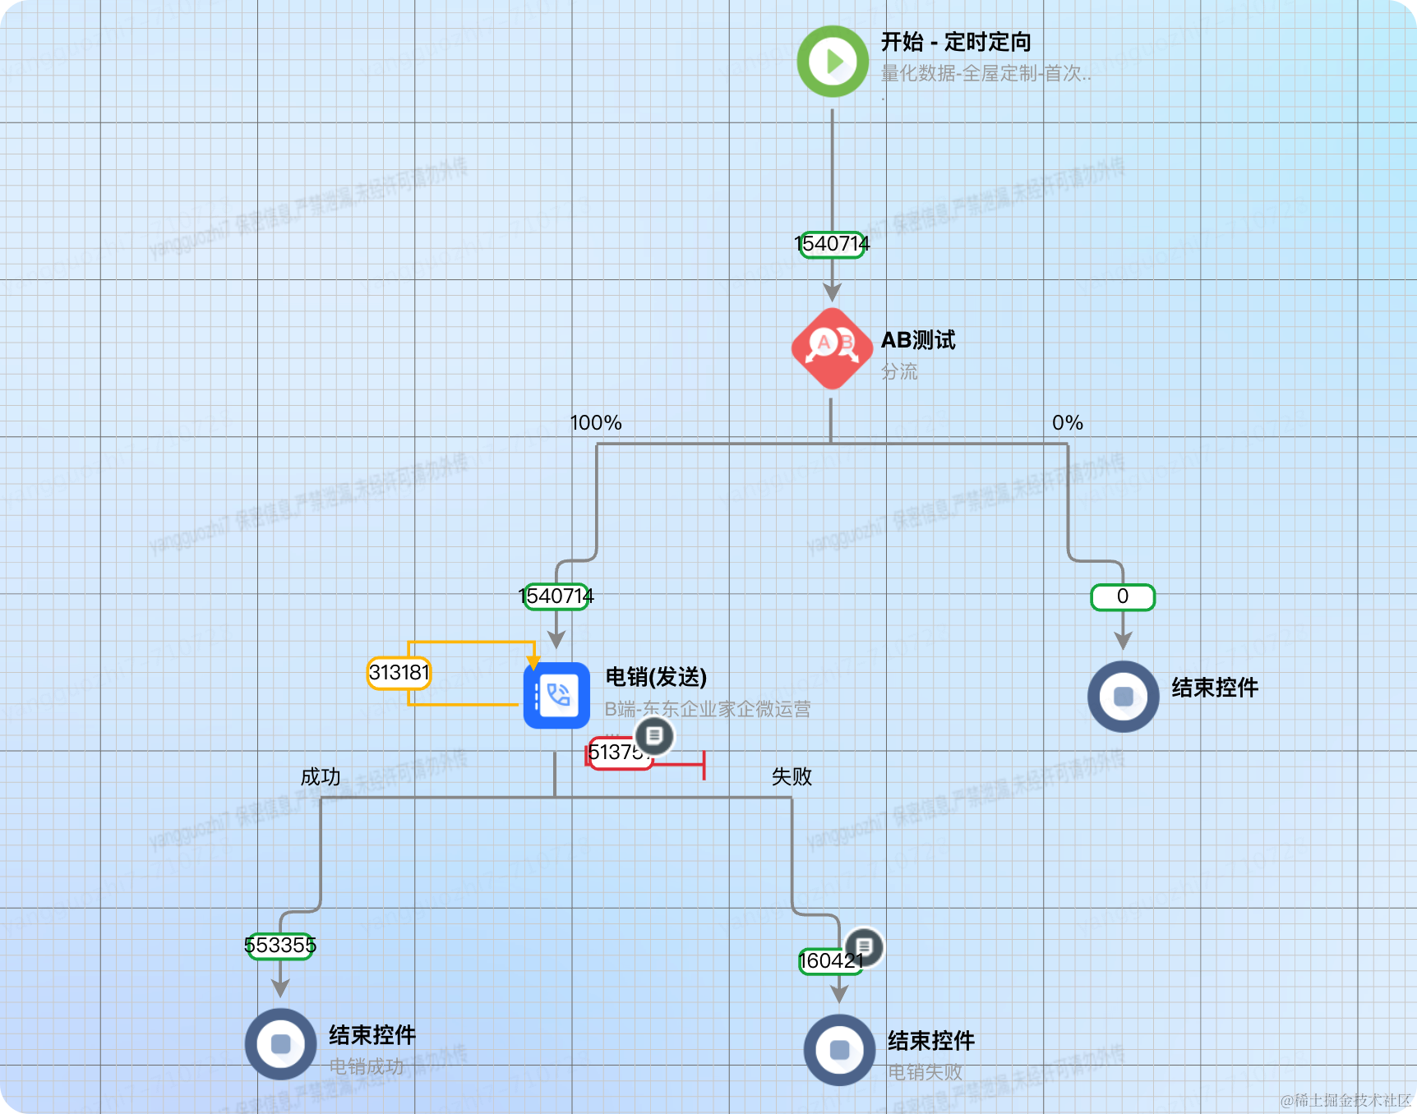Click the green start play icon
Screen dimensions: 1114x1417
[x=833, y=62]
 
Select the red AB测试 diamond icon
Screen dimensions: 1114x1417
[x=832, y=348]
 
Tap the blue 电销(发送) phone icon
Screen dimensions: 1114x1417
[x=556, y=696]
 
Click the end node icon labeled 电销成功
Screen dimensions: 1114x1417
[x=280, y=1043]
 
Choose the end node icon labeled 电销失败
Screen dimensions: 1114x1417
[x=839, y=1050]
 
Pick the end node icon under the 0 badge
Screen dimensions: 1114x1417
[x=1123, y=697]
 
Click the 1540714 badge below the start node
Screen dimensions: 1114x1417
[x=832, y=244]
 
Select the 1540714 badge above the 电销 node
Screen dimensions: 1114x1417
[x=556, y=596]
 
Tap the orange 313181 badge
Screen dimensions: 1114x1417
[x=399, y=673]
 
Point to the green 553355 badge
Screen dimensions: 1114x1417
[x=280, y=946]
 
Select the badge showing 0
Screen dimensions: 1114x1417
[x=1123, y=597]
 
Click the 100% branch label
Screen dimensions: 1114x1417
[x=596, y=423]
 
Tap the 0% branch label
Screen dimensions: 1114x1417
[x=1067, y=423]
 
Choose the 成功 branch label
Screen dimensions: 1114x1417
[x=321, y=777]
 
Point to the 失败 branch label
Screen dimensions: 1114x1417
[x=792, y=777]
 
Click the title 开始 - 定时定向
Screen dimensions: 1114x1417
[x=956, y=42]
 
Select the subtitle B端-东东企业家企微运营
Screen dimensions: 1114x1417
[x=708, y=709]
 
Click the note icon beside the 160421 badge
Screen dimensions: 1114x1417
[x=864, y=947]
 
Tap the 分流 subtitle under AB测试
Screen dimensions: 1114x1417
[x=899, y=372]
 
